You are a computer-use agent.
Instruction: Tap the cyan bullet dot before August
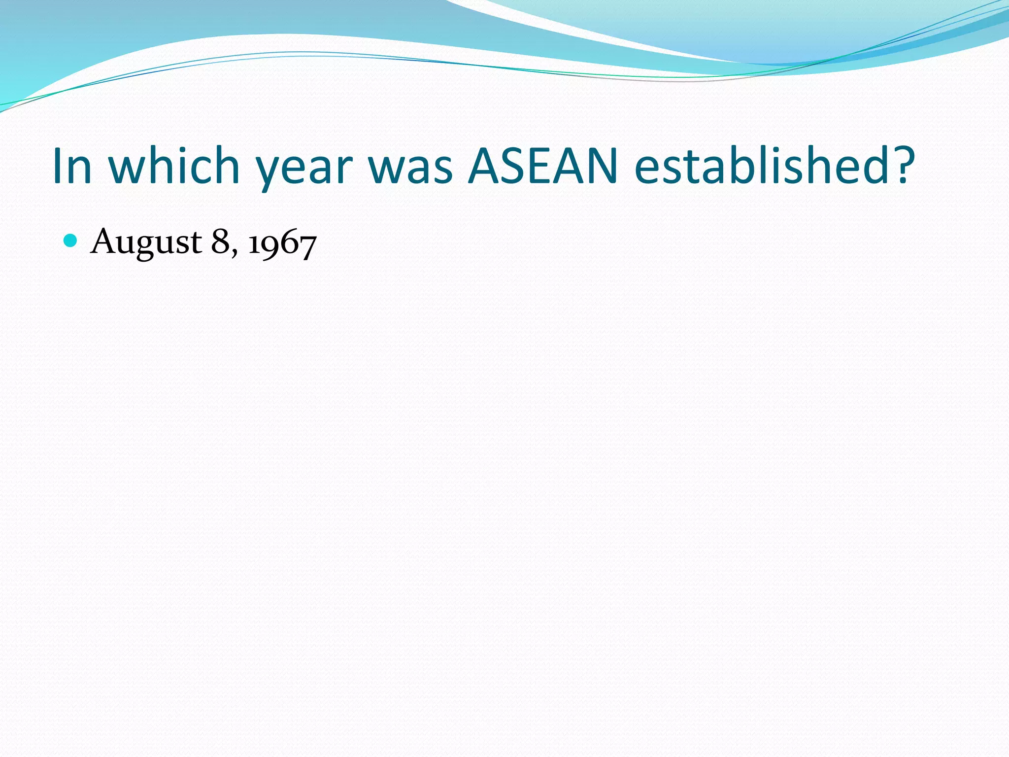click(71, 241)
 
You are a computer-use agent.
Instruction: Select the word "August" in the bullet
click(146, 242)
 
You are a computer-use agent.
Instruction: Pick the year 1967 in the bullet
click(282, 243)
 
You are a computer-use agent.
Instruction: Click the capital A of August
click(105, 241)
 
